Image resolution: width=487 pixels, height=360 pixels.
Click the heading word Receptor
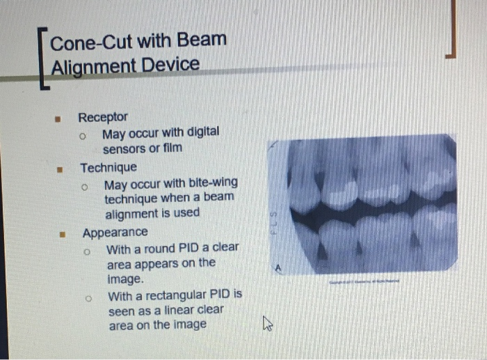(103, 117)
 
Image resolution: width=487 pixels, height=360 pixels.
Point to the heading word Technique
(109, 168)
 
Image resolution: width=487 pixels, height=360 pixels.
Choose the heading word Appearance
(115, 233)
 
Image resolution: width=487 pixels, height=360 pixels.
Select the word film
(171, 148)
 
